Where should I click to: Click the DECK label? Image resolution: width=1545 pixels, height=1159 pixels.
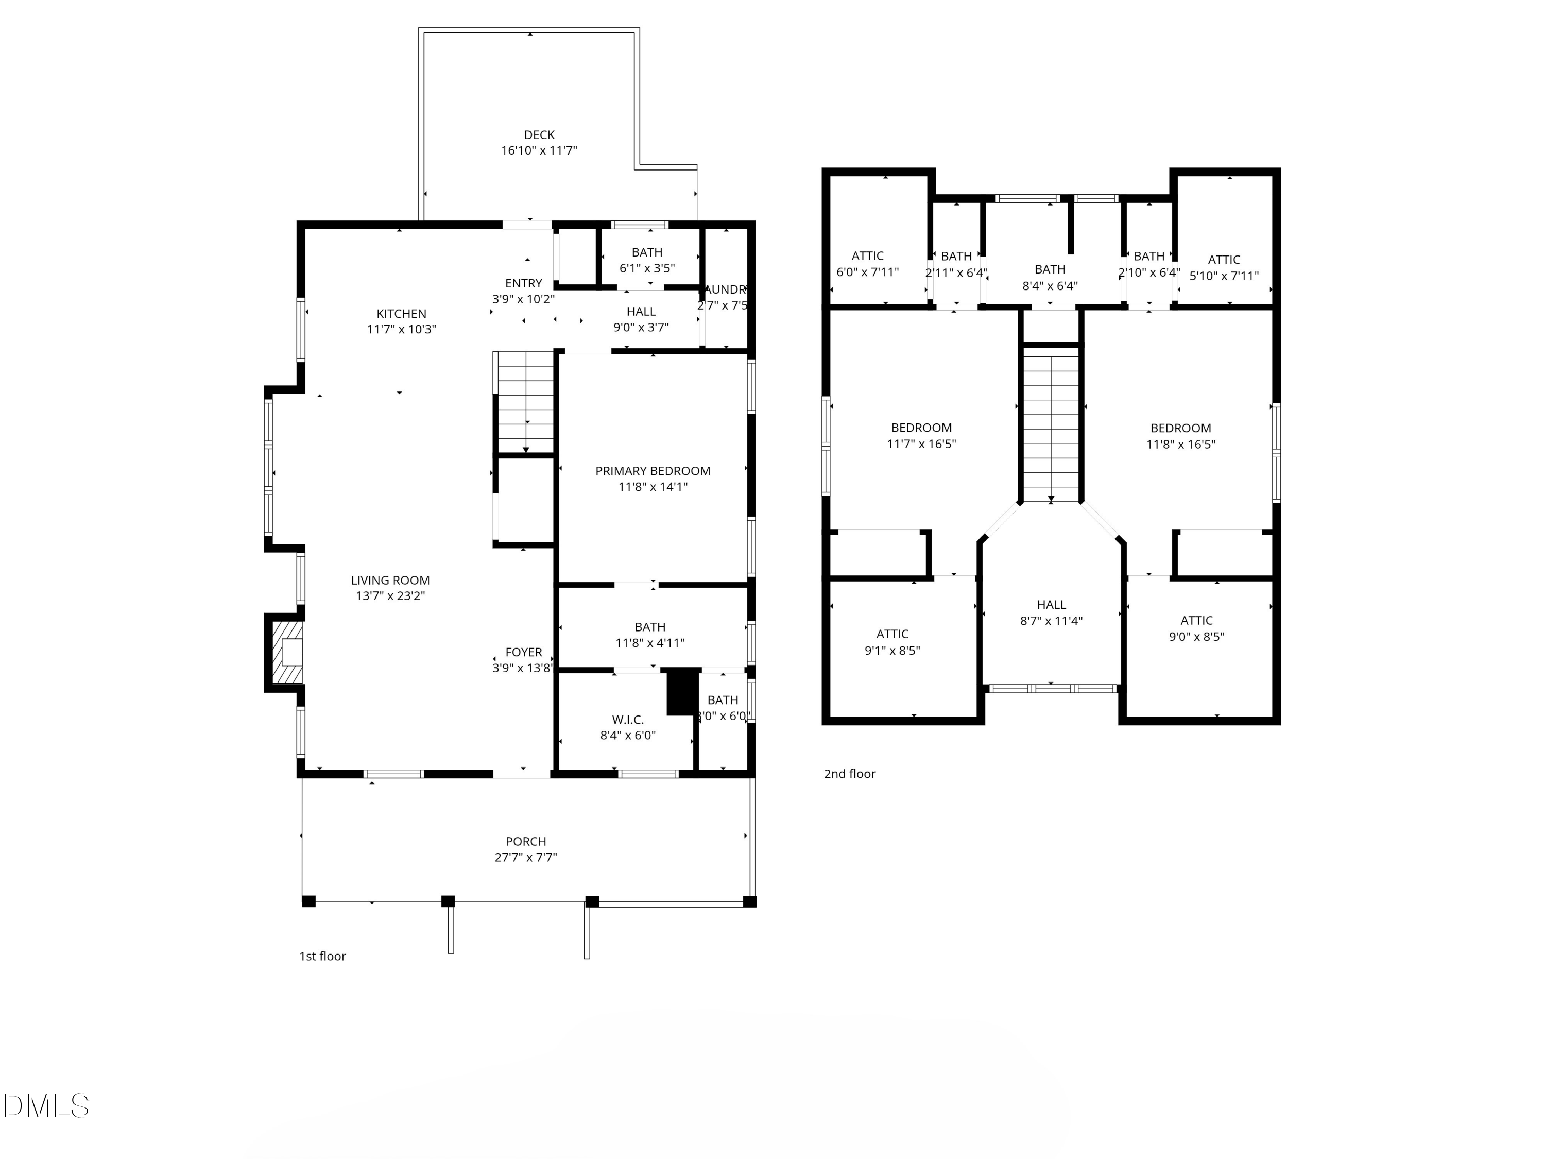(539, 135)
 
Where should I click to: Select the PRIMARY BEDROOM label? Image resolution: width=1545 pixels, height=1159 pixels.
(653, 471)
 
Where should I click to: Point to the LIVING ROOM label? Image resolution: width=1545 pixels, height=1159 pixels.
(390, 580)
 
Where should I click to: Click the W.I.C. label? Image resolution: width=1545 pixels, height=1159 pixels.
(627, 720)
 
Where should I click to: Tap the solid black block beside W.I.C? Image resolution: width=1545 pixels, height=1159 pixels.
(682, 692)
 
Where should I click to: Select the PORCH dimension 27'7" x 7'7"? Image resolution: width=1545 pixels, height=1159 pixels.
(525, 857)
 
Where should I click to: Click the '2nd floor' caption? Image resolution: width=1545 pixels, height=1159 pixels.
(849, 773)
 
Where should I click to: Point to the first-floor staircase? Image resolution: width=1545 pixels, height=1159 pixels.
(525, 403)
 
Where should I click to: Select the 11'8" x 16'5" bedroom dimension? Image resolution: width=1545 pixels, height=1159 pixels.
(1180, 444)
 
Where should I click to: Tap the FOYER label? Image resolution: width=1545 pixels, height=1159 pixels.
(523, 652)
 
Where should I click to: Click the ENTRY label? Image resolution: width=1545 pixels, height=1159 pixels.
(523, 283)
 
